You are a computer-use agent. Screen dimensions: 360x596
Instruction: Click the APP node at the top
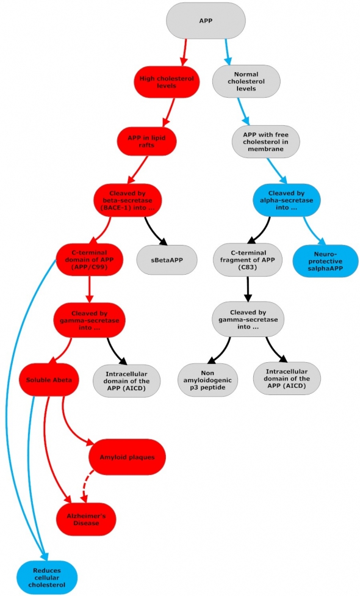click(206, 21)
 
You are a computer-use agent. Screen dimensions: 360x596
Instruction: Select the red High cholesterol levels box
click(167, 82)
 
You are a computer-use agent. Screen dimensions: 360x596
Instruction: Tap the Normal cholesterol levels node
click(246, 81)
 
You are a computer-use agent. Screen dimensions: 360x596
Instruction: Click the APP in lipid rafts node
click(146, 141)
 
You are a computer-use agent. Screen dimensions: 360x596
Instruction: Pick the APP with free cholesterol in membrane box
click(266, 142)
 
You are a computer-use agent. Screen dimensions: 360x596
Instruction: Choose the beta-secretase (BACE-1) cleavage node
click(128, 200)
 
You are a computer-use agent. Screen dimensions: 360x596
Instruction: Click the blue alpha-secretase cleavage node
click(287, 200)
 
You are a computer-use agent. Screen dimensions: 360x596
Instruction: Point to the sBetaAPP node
click(167, 260)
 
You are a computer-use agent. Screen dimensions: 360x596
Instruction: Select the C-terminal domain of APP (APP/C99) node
click(90, 260)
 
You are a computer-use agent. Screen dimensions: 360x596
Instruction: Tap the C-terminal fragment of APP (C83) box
click(248, 260)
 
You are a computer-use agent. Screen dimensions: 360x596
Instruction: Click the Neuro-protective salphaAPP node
click(325, 261)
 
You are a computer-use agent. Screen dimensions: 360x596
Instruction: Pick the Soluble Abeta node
click(49, 380)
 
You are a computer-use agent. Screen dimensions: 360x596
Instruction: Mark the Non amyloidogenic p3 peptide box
click(207, 380)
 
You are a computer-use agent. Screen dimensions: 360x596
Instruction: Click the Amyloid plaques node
click(127, 457)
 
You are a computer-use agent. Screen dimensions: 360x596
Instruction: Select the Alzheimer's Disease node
click(86, 519)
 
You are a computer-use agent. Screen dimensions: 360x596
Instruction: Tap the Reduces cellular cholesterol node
click(47, 578)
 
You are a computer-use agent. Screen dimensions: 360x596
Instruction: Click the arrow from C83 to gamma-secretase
click(248, 289)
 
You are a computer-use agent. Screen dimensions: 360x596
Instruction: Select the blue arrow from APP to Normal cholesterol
click(227, 52)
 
